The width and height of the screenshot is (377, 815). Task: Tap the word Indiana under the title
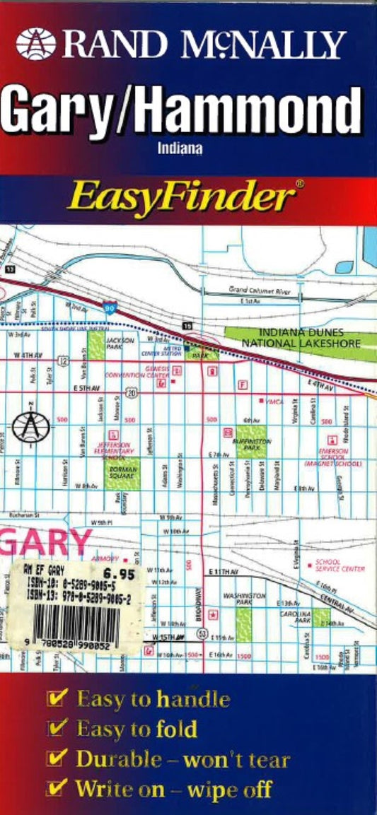[180, 148]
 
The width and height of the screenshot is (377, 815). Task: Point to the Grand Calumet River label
[259, 291]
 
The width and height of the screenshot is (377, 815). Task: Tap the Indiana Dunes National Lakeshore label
[301, 337]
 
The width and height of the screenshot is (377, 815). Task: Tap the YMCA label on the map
[274, 401]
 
